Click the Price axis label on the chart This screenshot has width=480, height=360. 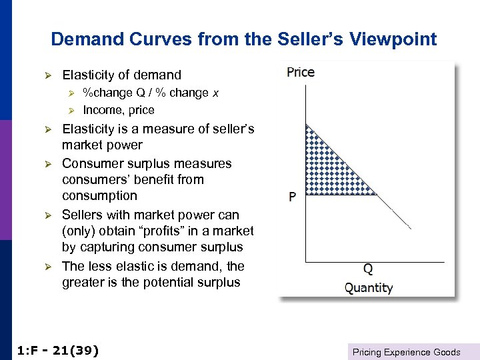click(301, 72)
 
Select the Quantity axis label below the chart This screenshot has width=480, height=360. click(369, 288)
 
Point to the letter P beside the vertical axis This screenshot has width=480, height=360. click(292, 197)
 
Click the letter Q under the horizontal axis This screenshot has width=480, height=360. click(368, 270)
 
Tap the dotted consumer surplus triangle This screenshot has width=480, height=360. click(327, 170)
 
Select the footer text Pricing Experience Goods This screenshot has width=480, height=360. click(407, 352)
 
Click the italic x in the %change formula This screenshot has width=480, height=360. click(215, 93)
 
